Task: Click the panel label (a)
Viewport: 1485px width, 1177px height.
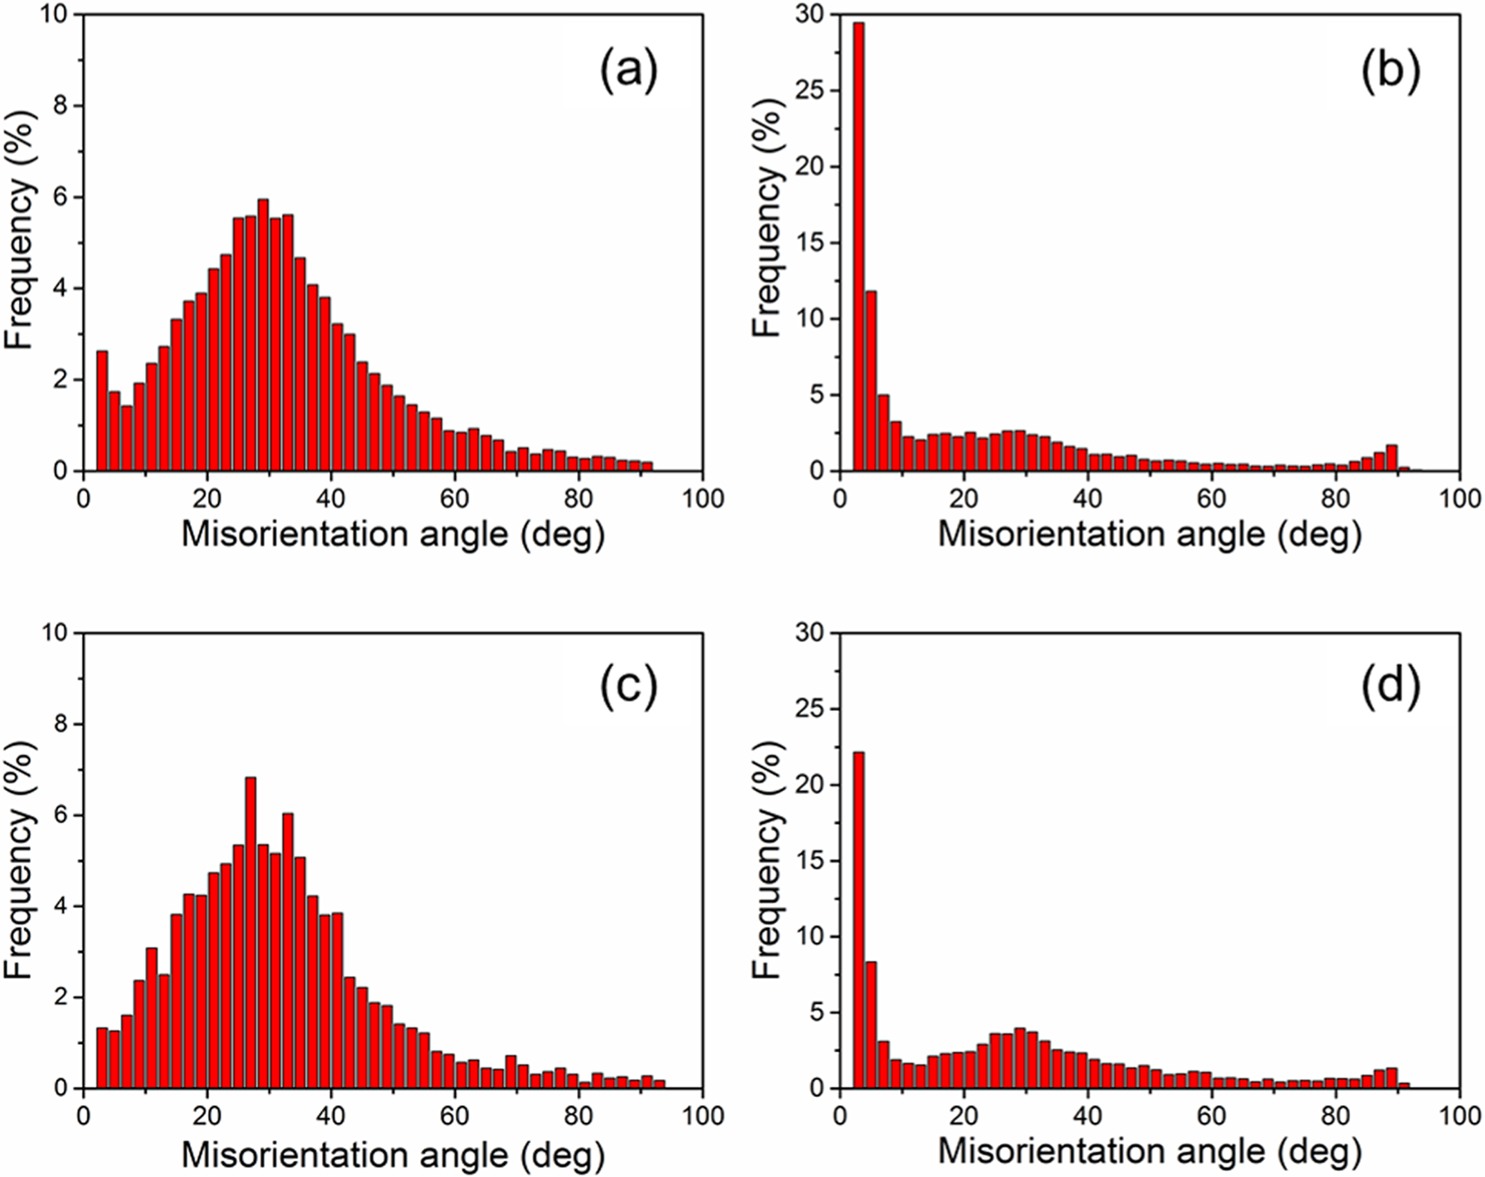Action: point(629,72)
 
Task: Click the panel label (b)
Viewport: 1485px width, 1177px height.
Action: point(1390,72)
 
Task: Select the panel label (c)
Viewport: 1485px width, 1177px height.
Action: point(629,688)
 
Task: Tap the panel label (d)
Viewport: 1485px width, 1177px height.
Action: point(1390,688)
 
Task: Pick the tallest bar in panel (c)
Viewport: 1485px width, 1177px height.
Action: point(251,932)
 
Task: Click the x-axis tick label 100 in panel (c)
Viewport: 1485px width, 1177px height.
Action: point(702,1116)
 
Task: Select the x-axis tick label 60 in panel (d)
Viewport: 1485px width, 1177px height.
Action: point(1211,1116)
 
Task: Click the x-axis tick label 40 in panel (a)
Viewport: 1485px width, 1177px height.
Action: point(331,498)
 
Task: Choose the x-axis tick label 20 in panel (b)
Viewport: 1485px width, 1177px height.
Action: point(963,498)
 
